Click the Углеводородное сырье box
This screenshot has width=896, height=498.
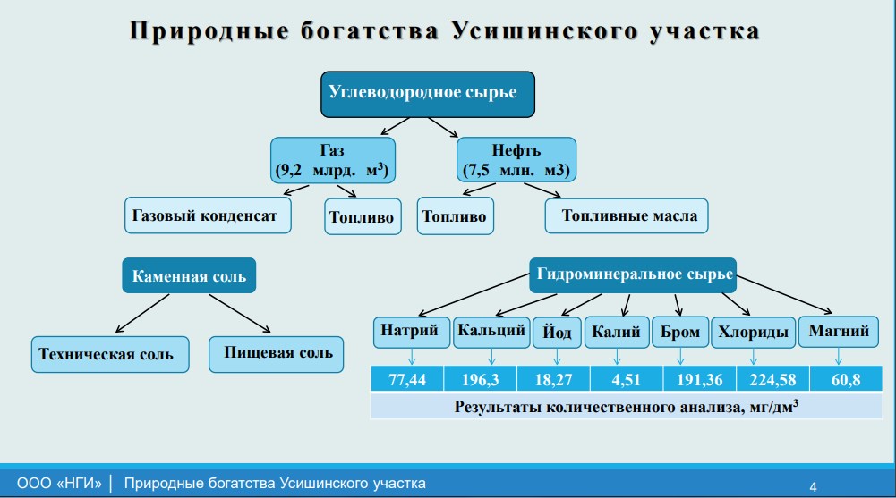[x=428, y=94]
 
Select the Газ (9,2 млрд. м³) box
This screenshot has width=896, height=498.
[x=333, y=160]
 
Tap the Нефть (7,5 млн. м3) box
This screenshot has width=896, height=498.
[x=516, y=160]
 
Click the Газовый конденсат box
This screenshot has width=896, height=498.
[x=208, y=215]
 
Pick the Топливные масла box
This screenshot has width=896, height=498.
[x=627, y=215]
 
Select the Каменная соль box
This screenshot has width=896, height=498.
[x=189, y=275]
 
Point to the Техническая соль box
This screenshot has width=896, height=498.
[x=110, y=354]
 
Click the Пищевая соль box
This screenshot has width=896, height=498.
[x=276, y=354]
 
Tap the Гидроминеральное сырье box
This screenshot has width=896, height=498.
[x=633, y=275]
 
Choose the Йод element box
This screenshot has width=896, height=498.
[x=557, y=333]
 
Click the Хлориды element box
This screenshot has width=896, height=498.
[x=753, y=333]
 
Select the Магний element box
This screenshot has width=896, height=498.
[x=839, y=332]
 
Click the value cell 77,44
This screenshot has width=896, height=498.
[x=407, y=379]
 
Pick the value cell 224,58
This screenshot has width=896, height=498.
[x=772, y=379]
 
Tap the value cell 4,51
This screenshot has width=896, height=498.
[x=627, y=379]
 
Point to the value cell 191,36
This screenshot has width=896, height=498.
[x=699, y=379]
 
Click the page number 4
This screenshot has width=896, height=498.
[x=813, y=486]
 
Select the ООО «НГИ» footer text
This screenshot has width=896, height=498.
[x=59, y=483]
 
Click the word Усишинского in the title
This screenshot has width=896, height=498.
[x=544, y=30]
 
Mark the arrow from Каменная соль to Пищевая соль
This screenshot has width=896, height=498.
[x=239, y=313]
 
